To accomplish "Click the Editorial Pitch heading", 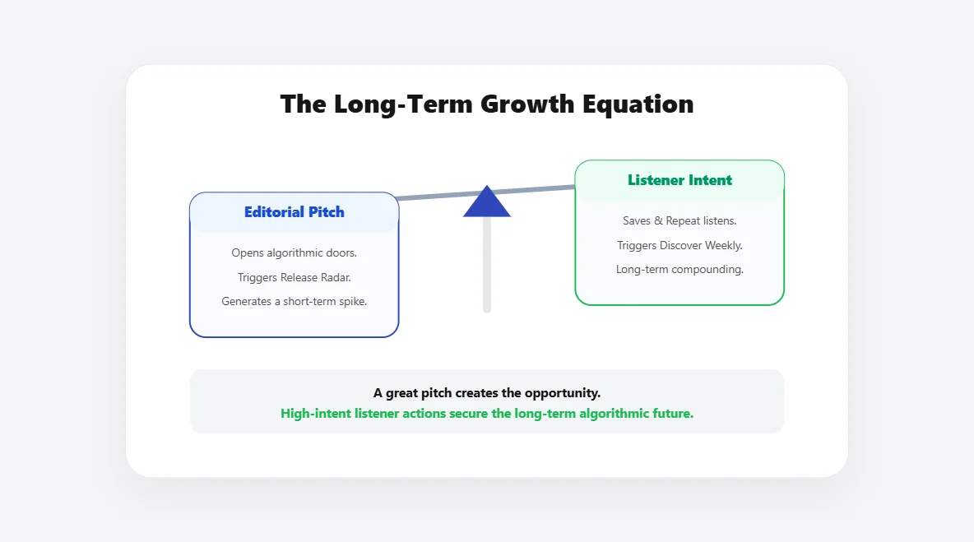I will [x=294, y=212].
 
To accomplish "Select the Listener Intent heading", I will [x=679, y=180].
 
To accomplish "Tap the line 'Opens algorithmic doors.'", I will [x=294, y=253].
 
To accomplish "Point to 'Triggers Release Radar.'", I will [x=294, y=277].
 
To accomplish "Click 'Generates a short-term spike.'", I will [x=294, y=301].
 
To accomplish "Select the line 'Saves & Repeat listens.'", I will [x=679, y=221].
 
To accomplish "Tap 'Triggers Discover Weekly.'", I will [x=679, y=245].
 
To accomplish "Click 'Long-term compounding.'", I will [x=679, y=269].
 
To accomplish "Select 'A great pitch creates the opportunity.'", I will [x=487, y=393].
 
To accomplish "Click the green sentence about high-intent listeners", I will [x=487, y=414].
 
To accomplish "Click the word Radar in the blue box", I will [x=333, y=277].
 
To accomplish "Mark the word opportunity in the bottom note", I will [x=566, y=393].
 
